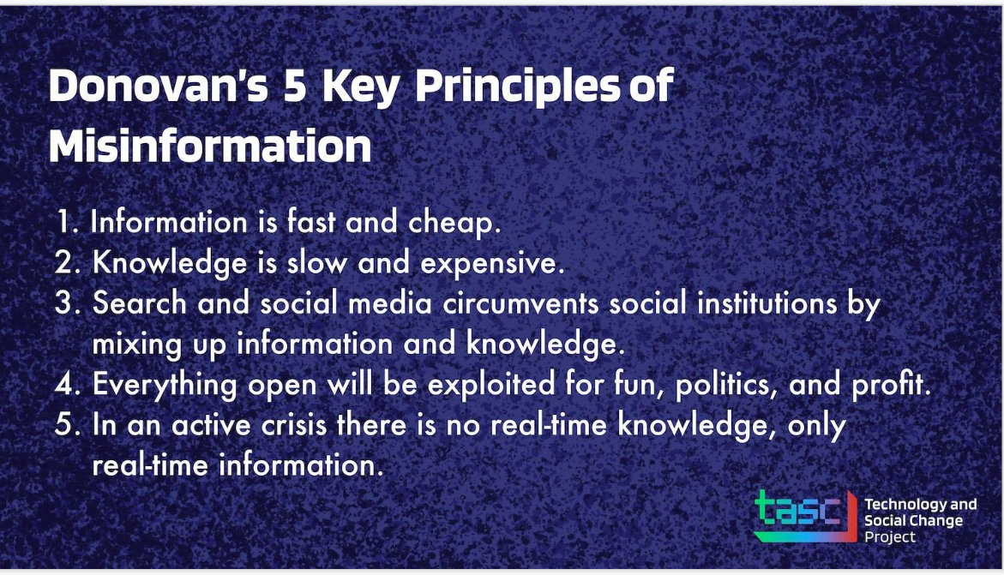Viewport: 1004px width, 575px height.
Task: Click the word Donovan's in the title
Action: (x=158, y=85)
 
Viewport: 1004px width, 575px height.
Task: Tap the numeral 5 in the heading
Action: (x=295, y=85)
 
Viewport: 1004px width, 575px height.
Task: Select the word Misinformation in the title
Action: (x=210, y=146)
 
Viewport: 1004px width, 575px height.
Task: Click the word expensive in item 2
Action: (x=489, y=263)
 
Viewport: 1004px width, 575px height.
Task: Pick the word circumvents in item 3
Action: (x=520, y=303)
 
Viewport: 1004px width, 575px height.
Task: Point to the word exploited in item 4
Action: (x=491, y=385)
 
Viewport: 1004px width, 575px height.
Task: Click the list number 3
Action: (x=67, y=303)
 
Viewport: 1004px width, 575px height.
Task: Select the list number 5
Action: (x=67, y=425)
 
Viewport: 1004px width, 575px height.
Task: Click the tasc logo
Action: (x=805, y=516)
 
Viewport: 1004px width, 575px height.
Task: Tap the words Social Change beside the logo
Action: (x=913, y=520)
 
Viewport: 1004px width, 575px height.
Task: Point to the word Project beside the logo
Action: (x=889, y=537)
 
